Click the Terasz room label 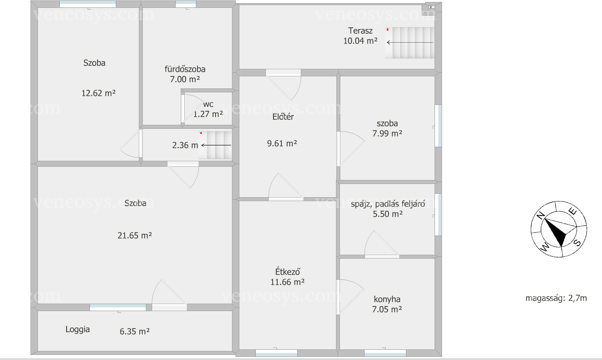360,31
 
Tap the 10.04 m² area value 360,41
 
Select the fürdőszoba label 185,69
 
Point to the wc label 208,104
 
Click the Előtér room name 283,117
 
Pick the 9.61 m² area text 282,143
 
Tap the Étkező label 287,272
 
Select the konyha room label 387,299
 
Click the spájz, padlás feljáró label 388,204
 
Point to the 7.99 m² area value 387,133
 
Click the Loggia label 77,329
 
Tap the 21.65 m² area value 135,236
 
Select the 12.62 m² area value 98,93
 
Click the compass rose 559,229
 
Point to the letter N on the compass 541,216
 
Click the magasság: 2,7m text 556,298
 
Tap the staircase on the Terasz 410,43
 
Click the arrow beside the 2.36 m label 216,145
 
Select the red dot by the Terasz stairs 388,30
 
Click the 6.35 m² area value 135,331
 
